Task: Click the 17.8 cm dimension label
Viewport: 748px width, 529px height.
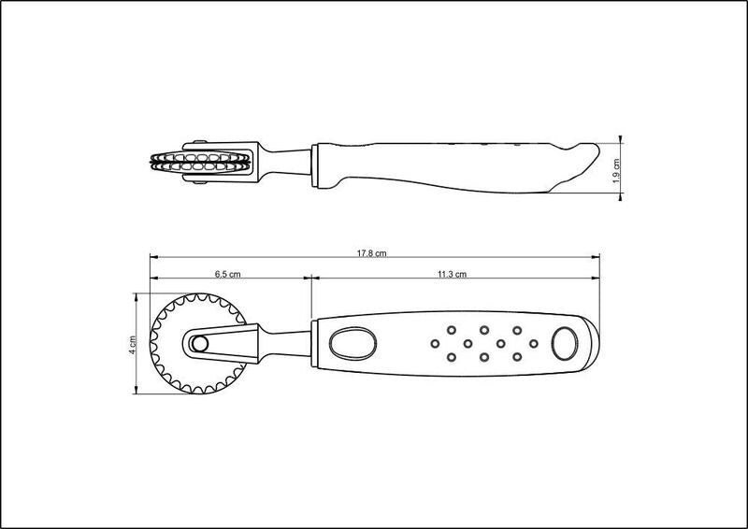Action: coord(371,253)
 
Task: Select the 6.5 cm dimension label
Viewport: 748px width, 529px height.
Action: coord(227,274)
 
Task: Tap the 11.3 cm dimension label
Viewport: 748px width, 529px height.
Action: coord(452,274)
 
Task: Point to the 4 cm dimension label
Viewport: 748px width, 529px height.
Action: coord(133,344)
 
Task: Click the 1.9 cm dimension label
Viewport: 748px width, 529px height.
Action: coord(616,171)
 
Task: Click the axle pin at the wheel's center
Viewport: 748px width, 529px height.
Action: coord(199,343)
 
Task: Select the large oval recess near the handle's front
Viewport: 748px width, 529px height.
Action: coord(352,343)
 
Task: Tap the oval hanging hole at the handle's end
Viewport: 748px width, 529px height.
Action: coord(565,343)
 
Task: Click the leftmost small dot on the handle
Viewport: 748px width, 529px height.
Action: coord(435,343)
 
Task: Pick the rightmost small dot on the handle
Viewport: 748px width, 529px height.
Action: coord(533,343)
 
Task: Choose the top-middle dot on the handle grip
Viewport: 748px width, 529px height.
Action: coord(484,330)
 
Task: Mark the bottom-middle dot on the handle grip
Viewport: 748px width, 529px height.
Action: coord(484,357)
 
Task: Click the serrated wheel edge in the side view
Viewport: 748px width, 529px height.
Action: coord(201,163)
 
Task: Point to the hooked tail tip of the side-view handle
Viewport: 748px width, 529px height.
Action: coord(597,147)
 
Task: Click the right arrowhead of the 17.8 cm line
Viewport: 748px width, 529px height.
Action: coord(596,257)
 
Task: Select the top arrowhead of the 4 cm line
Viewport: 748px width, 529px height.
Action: coord(137,296)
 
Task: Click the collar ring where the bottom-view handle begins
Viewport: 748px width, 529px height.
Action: coord(314,343)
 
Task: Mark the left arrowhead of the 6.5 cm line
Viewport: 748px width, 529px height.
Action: coord(154,279)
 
